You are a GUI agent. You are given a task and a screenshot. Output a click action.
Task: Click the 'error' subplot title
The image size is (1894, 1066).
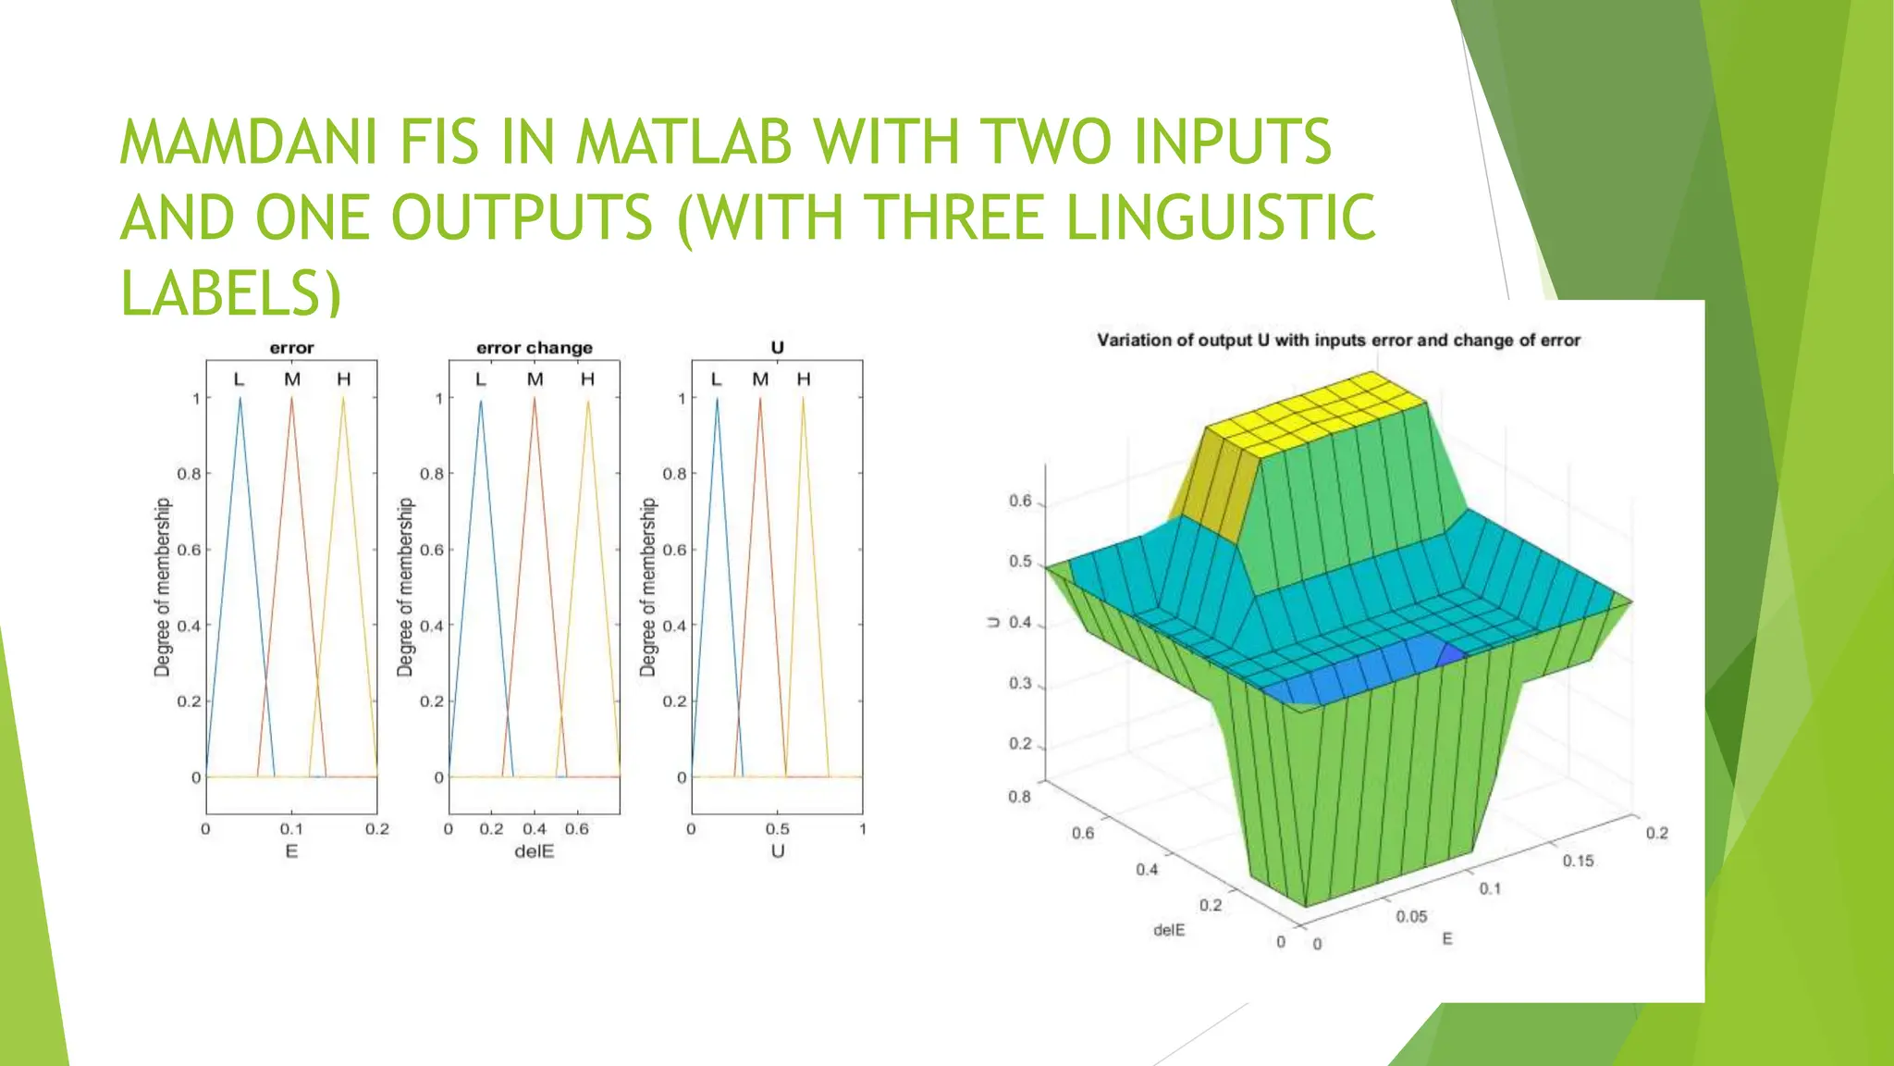(291, 348)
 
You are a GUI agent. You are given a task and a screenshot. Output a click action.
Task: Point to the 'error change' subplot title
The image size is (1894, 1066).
(535, 348)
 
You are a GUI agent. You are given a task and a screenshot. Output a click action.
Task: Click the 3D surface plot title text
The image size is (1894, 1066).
(1338, 341)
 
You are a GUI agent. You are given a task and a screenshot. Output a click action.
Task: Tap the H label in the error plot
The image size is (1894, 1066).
(344, 379)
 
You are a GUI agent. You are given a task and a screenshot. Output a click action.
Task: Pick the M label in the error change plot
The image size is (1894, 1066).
(535, 379)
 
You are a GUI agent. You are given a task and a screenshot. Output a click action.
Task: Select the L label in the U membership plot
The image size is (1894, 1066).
(716, 379)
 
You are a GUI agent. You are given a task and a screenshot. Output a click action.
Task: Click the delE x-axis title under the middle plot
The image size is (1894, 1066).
(535, 851)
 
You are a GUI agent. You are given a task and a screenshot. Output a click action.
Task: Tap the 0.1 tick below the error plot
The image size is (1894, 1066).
(291, 829)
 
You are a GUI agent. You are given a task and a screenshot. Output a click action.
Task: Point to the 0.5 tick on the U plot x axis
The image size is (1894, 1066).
(778, 829)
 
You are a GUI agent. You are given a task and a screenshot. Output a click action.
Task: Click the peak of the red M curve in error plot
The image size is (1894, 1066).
(292, 399)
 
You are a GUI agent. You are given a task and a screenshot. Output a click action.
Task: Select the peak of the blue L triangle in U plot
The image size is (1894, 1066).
(717, 399)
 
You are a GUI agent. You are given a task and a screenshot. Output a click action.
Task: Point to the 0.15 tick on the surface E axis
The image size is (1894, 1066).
(1578, 861)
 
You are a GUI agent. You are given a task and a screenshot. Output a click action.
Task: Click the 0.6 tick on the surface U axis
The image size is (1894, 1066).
(1020, 502)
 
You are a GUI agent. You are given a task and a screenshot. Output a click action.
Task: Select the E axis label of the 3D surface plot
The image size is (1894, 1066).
(1447, 938)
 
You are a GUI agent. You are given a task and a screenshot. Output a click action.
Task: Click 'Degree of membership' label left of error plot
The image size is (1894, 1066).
(163, 587)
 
